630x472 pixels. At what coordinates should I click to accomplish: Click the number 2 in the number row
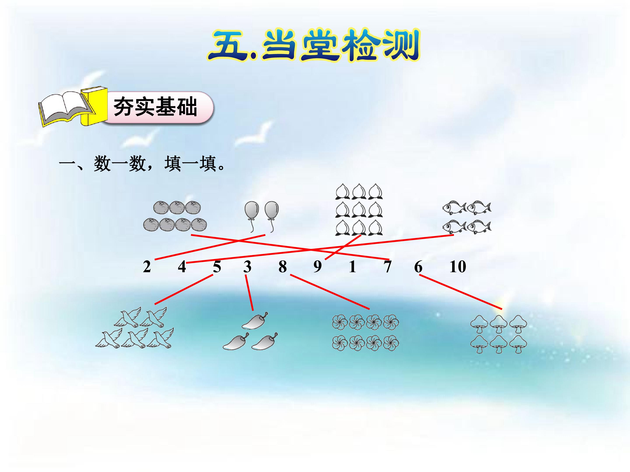click(x=147, y=267)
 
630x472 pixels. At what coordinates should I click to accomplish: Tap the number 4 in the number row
click(x=182, y=267)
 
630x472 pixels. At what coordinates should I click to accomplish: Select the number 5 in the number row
click(x=217, y=267)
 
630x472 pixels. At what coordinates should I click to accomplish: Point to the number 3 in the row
click(x=247, y=267)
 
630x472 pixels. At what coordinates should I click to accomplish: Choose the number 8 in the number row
click(x=283, y=267)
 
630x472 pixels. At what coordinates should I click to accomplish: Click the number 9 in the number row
click(x=318, y=267)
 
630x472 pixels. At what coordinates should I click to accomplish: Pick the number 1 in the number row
click(x=353, y=267)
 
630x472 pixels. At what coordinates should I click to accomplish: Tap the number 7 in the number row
click(x=388, y=267)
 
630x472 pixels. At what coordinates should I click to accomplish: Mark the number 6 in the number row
click(x=418, y=267)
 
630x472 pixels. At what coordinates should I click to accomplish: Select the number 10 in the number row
click(x=458, y=267)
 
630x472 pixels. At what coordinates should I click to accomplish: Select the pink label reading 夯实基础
click(x=157, y=107)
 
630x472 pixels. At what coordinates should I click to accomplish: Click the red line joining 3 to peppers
click(x=249, y=292)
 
